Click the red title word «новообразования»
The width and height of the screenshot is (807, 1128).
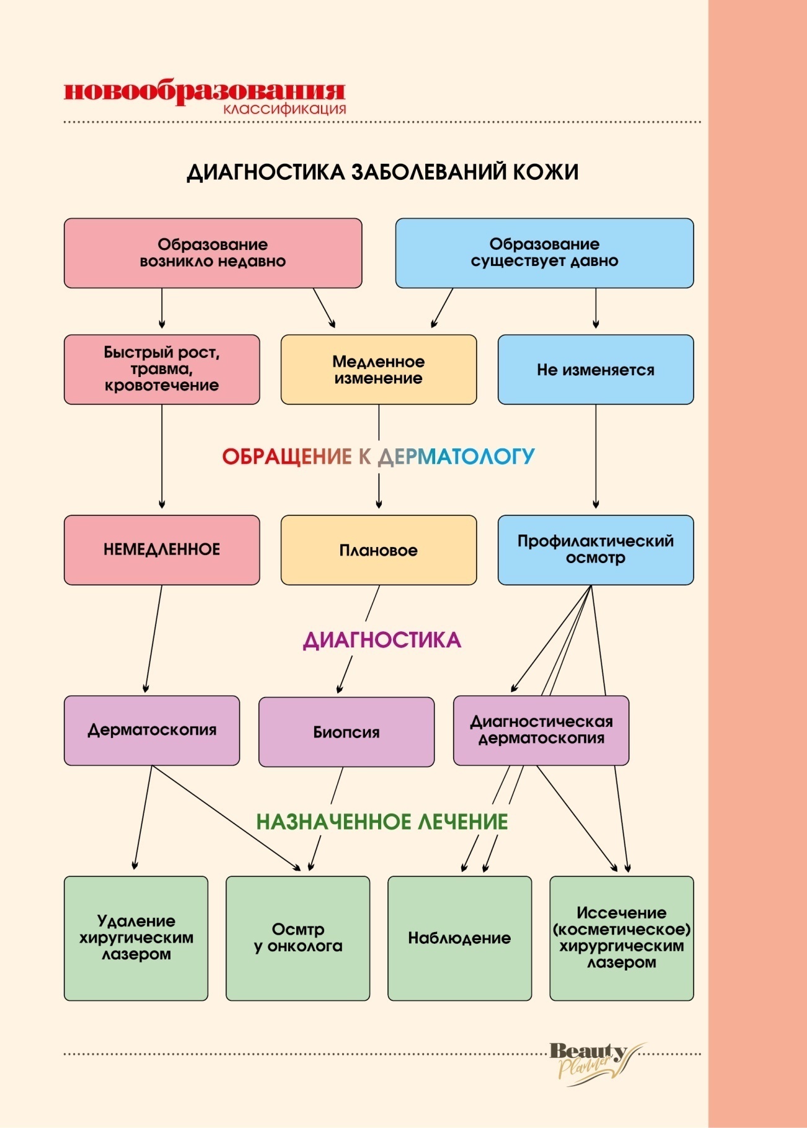tap(204, 91)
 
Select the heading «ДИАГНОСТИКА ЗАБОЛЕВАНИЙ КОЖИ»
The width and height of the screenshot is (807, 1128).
tap(382, 172)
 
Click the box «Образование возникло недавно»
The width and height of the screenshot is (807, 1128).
tap(213, 253)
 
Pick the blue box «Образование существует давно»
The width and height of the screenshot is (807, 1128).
tap(544, 253)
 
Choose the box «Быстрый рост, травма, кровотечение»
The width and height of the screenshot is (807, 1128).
tap(162, 370)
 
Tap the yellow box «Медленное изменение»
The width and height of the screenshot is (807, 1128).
tap(379, 370)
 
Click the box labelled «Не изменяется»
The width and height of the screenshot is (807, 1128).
tap(596, 370)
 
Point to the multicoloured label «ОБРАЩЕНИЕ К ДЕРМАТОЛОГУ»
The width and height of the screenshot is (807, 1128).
tap(379, 457)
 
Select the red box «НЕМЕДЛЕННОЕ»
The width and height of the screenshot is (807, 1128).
tap(162, 550)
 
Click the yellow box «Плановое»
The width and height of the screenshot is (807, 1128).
tap(379, 550)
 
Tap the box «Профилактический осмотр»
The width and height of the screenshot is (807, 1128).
tap(596, 550)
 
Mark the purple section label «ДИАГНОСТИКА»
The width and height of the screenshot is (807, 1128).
tap(382, 640)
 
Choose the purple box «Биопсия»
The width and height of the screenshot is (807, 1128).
tap(346, 732)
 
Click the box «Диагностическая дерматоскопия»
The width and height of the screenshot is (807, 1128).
tap(541, 731)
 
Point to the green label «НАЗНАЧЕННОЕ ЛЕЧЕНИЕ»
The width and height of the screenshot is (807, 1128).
tap(382, 822)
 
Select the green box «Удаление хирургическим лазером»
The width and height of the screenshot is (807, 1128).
tap(136, 938)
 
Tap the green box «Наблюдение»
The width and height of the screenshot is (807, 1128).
tap(459, 938)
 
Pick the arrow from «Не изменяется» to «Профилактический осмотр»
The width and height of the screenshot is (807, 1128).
tap(596, 459)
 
